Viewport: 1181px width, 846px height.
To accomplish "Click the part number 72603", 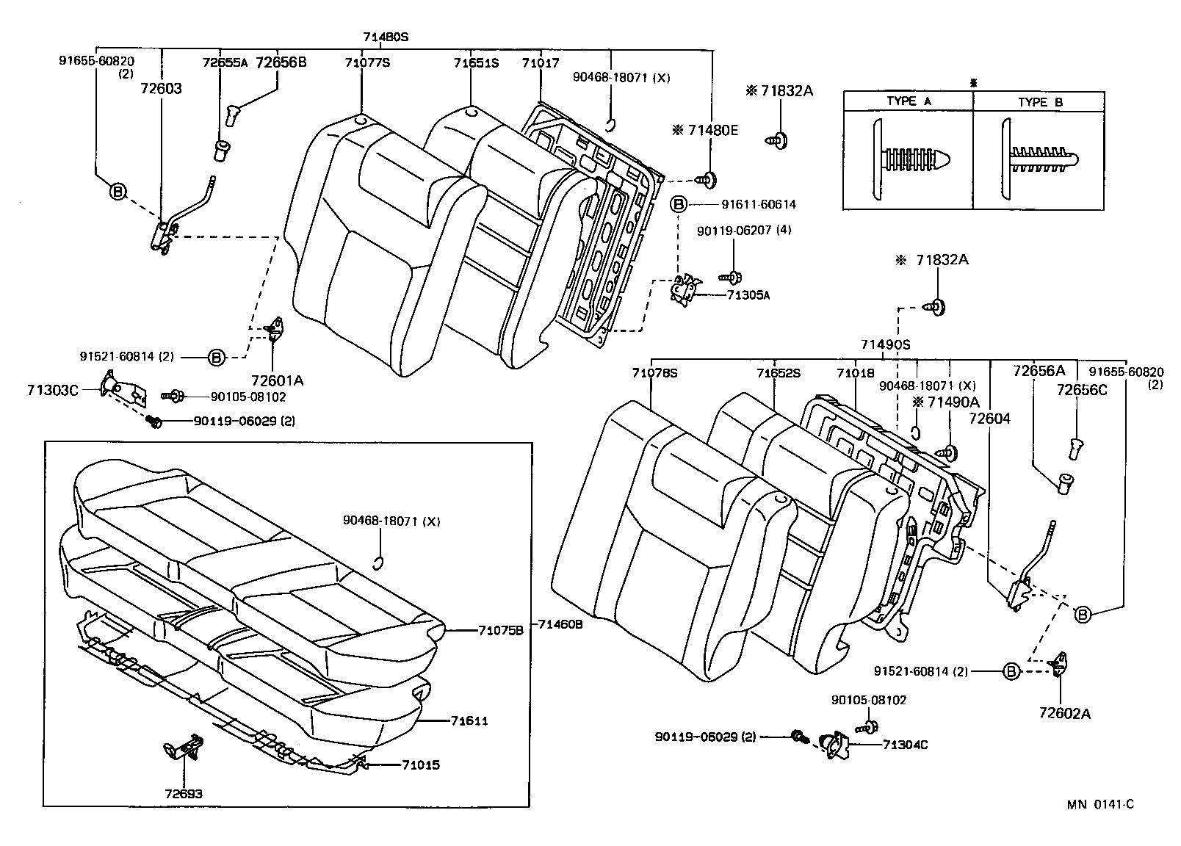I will [161, 89].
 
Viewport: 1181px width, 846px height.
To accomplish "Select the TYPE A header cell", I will [908, 102].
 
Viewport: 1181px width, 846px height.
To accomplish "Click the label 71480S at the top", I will [385, 36].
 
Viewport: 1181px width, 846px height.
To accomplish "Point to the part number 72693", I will [184, 794].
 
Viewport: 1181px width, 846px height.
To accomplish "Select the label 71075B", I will [500, 630].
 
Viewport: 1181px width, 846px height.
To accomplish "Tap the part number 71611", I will [470, 721].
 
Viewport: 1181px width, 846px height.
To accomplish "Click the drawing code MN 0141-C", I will [1100, 805].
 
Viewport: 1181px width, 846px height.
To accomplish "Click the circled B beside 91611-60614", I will [678, 204].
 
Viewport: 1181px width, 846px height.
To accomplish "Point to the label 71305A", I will [748, 295].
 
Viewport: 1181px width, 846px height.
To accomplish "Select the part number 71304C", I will [905, 745].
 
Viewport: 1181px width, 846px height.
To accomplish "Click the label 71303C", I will [52, 390].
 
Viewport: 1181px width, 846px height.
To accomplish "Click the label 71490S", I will [885, 344].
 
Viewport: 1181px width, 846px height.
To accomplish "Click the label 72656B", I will [281, 63].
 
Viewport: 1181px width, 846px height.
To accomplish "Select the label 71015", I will [421, 765].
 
